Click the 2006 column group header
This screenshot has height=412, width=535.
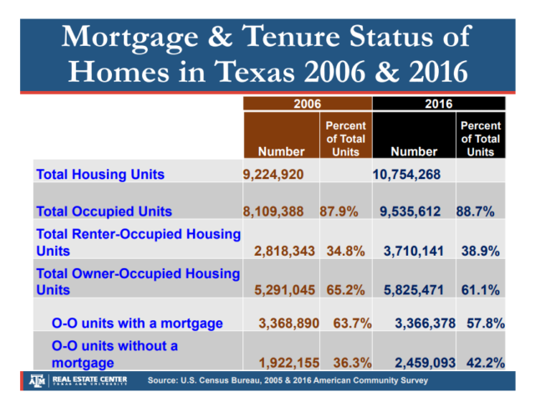pyautogui.click(x=305, y=104)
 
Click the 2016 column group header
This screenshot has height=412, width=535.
pyautogui.click(x=438, y=104)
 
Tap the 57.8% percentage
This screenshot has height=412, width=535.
pyautogui.click(x=484, y=323)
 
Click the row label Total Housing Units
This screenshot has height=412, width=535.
pyautogui.click(x=99, y=175)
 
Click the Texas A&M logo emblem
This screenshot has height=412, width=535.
pyautogui.click(x=36, y=380)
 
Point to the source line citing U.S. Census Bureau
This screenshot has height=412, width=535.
pyautogui.click(x=288, y=381)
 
